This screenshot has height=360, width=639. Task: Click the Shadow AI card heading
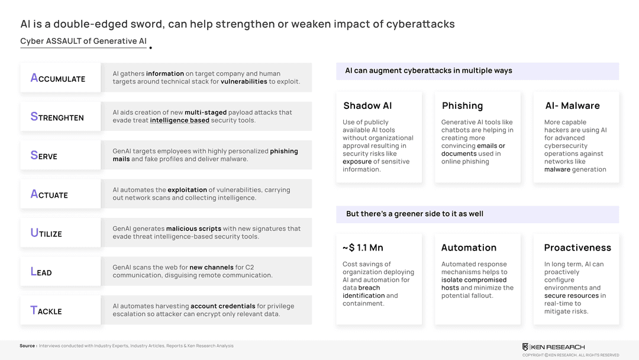(367, 106)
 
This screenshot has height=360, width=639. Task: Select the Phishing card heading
(462, 106)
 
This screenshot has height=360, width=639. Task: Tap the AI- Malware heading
(572, 106)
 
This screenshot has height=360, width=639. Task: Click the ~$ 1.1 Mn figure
(363, 247)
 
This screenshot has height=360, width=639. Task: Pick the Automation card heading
(469, 247)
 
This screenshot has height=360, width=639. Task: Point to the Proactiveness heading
(577, 247)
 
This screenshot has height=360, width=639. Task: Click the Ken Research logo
(553, 347)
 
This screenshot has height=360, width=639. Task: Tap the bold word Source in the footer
(27, 346)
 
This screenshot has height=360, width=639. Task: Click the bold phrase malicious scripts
(193, 229)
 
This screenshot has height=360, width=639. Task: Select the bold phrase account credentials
(222, 306)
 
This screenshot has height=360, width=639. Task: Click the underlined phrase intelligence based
(179, 120)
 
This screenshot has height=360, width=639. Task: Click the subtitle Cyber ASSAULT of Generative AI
(83, 41)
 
